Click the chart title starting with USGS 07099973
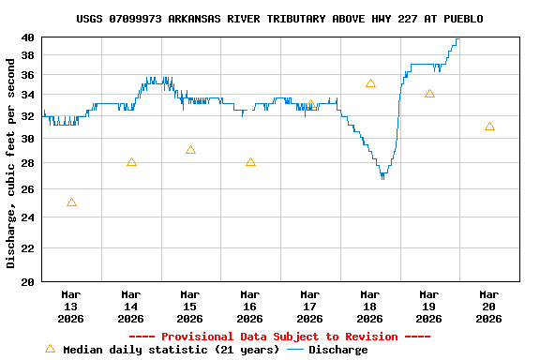coord(279,19)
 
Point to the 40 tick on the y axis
coord(28,37)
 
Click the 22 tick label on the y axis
coord(28,247)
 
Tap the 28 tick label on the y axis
coord(28,163)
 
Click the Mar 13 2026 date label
coord(71,306)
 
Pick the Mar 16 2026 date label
coord(249,306)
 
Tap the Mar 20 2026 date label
coord(488,306)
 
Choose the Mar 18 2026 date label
coord(369,306)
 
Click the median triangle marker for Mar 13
coord(71,202)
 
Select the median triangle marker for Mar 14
coord(131,162)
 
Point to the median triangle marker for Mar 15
coord(190,150)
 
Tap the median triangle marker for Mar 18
coord(370,83)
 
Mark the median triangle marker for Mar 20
coord(489,127)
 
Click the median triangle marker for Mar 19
coord(429,94)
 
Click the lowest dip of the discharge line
coord(382,176)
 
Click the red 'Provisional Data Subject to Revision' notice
coord(278,337)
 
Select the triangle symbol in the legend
coord(50,349)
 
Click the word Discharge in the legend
coord(338,350)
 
